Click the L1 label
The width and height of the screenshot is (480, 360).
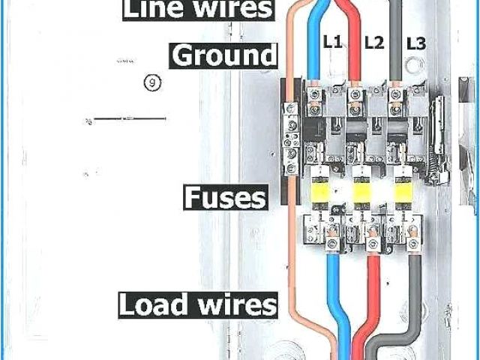(x=333, y=43)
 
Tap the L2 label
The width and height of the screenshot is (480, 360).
(x=374, y=43)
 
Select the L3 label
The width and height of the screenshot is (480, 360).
(x=416, y=44)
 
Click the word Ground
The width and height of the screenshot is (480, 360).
(x=223, y=55)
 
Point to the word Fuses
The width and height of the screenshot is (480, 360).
(x=225, y=198)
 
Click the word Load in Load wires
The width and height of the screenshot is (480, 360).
(x=148, y=304)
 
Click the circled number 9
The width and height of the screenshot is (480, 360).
(x=153, y=82)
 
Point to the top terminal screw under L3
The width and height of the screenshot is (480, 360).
(x=395, y=94)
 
